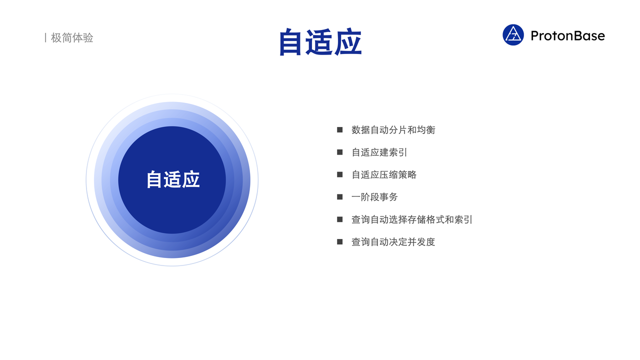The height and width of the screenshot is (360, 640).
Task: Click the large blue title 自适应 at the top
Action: (320, 42)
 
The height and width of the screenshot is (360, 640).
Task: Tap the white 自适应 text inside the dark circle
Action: (173, 179)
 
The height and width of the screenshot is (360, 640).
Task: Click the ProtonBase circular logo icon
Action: (513, 35)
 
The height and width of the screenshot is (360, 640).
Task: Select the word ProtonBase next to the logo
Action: (567, 35)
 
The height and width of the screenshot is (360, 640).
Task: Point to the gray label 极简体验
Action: (72, 37)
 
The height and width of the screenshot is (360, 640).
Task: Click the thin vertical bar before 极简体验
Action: (45, 37)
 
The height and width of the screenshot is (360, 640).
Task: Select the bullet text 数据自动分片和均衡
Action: (393, 130)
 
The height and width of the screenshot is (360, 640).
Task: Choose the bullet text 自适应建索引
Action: (379, 152)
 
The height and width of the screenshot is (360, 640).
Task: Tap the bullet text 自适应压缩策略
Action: (383, 174)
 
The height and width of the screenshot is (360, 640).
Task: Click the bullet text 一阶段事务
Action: (374, 197)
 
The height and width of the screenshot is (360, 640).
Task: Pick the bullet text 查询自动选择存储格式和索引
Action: (411, 219)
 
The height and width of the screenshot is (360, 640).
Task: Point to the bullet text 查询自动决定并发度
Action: (393, 241)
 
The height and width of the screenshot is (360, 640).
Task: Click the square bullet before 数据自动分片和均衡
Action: (339, 129)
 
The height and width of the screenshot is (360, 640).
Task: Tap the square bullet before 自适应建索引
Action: (339, 152)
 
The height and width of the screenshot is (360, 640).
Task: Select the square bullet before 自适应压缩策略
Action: (339, 174)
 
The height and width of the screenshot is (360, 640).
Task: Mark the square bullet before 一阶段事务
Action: (339, 197)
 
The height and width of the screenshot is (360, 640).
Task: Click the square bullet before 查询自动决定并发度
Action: (339, 241)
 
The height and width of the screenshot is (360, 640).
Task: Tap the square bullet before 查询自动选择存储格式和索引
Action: (339, 219)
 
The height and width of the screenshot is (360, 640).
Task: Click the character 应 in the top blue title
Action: (348, 42)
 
